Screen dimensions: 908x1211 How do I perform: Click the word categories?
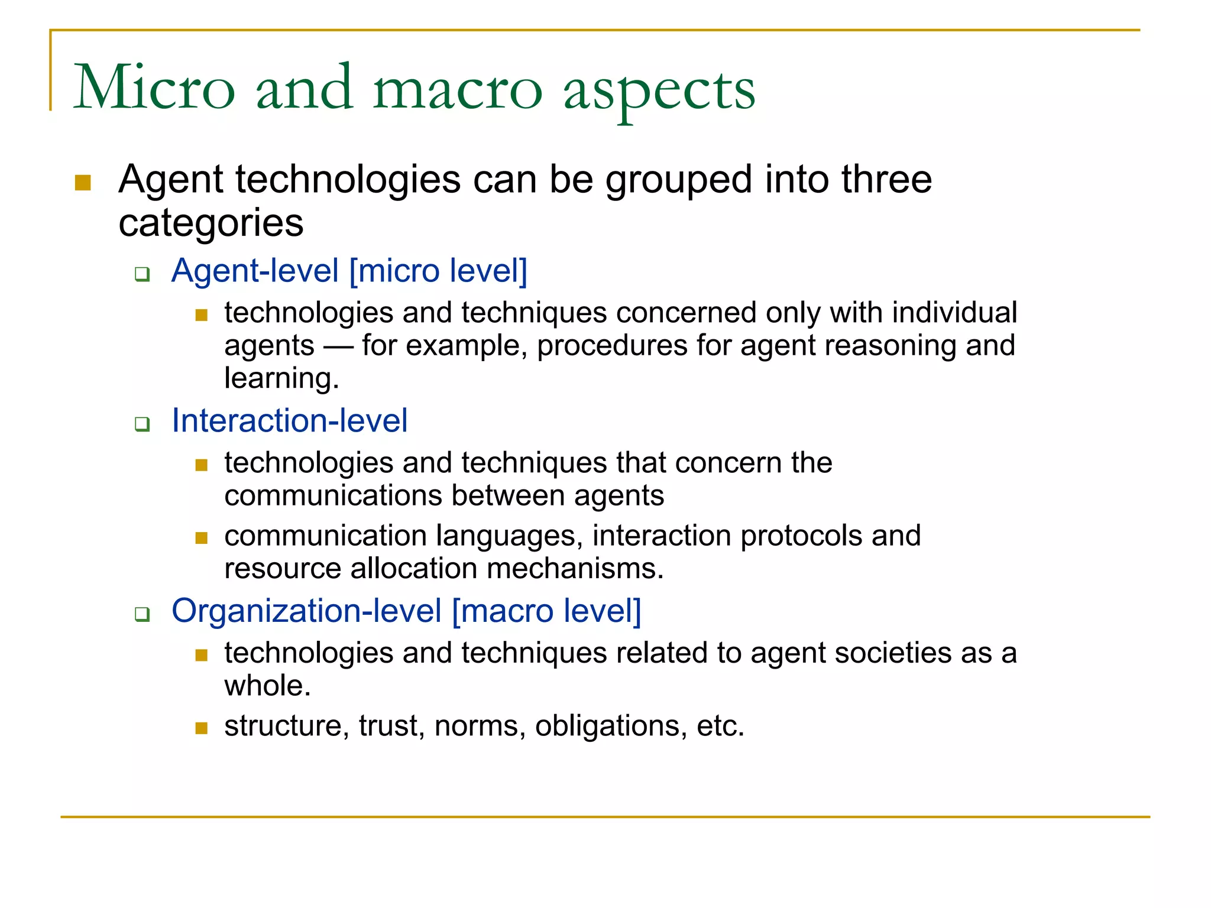(211, 223)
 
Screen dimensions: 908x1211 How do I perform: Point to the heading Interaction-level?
(289, 421)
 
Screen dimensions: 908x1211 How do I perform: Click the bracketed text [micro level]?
(438, 271)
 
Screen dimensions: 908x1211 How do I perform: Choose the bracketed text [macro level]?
(546, 611)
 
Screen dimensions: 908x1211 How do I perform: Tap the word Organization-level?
(306, 611)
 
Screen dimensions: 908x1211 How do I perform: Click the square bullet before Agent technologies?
(83, 183)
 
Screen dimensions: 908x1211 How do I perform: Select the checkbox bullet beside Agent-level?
(142, 274)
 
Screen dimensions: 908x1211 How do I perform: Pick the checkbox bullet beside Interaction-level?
(142, 424)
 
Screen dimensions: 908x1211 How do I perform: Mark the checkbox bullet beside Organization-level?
(142, 614)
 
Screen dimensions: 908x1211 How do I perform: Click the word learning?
(280, 378)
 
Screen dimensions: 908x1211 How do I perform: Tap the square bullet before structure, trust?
(202, 728)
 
